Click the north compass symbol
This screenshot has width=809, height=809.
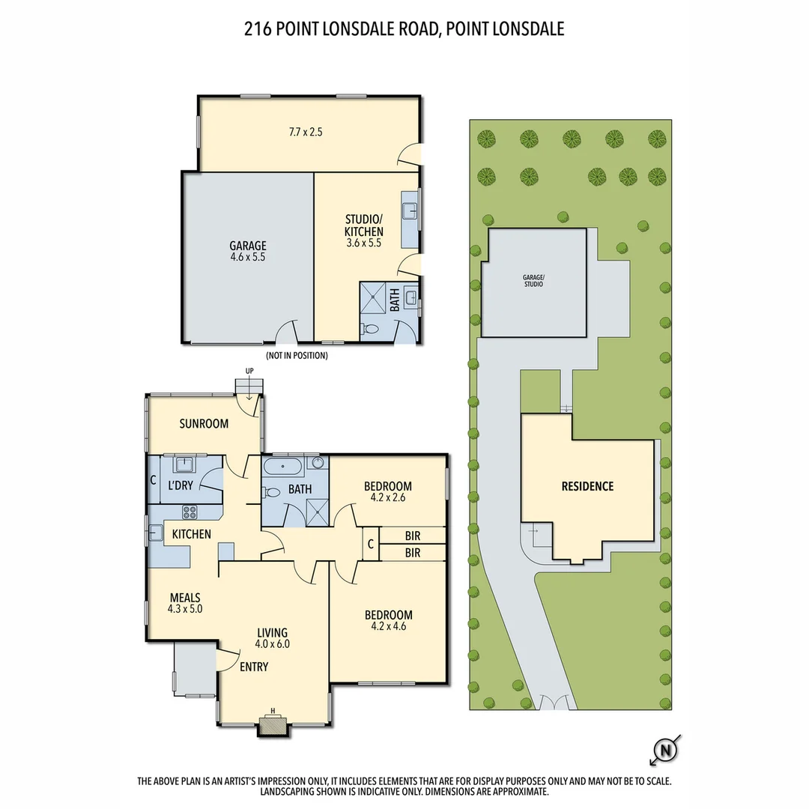666,749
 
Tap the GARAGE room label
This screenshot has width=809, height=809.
248,245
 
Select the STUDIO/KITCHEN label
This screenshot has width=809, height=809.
364,225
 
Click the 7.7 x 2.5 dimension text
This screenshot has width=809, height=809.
306,132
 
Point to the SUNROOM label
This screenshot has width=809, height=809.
203,424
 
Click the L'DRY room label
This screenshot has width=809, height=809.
180,485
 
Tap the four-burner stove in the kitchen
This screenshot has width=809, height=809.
190,513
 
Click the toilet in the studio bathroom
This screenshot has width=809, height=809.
370,329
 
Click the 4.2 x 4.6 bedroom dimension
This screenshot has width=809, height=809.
388,627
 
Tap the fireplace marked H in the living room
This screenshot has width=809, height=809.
273,724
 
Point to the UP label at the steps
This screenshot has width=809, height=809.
249,371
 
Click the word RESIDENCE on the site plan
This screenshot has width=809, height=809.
587,486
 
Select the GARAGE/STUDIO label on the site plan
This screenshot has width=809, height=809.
534,281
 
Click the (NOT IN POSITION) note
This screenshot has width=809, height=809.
297,356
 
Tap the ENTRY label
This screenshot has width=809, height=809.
253,667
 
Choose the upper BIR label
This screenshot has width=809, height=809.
412,536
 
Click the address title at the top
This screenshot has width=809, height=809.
404,29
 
